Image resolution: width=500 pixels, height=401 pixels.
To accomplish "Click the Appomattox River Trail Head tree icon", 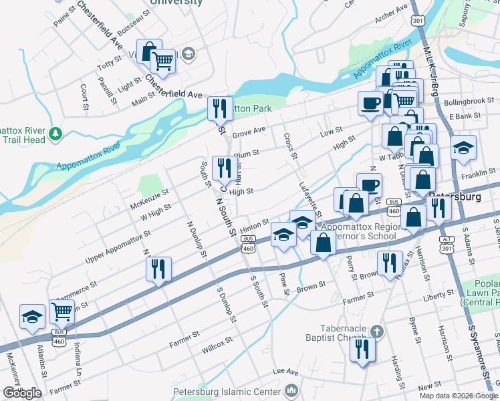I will (55, 134).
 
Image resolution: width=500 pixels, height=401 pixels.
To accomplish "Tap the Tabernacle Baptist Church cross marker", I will (377, 331).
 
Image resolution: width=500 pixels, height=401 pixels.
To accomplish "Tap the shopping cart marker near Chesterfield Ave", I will (163, 61).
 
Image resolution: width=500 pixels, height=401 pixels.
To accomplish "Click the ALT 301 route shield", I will (446, 244).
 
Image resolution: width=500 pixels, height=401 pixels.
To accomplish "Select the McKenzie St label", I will (150, 196).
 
